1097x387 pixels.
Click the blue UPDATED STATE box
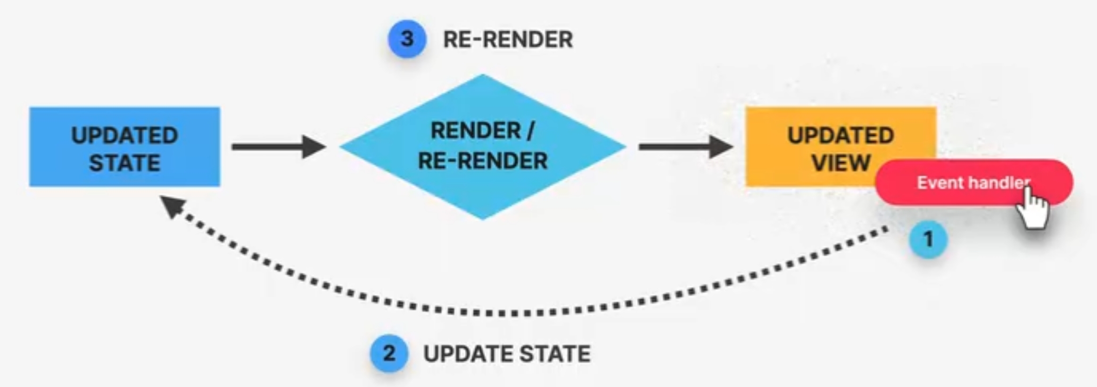coord(124,147)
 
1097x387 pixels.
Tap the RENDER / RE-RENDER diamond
coord(483,147)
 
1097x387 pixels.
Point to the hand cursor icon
coord(1032,207)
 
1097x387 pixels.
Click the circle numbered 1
coord(928,239)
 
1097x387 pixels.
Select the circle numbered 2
coord(389,354)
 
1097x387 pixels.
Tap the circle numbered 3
coord(407,39)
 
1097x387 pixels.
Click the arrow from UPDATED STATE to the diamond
coord(278,147)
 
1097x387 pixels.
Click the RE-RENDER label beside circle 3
coord(508,39)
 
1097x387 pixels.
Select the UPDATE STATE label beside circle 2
coord(507,354)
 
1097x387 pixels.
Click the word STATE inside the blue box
coord(124,163)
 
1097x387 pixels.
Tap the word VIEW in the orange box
coord(841,163)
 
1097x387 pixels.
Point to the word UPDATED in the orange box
coord(841,136)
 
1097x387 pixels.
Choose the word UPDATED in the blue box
coord(124,136)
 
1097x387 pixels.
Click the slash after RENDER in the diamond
coord(530,131)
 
